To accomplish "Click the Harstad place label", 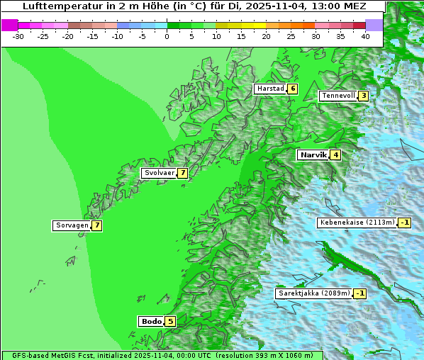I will tap(270, 89).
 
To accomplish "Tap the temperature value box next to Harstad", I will tap(292, 89).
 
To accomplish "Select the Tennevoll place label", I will tap(338, 96).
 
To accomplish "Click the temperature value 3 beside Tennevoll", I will tap(363, 96).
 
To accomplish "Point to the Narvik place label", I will tap(313, 154).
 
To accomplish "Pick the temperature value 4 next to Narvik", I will tap(335, 154).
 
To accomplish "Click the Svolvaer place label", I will tap(159, 173).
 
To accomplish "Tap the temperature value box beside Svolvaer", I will tap(182, 173).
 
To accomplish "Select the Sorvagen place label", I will tap(72, 225).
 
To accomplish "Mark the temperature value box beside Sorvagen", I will tap(96, 225).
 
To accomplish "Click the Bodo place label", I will tap(152, 321).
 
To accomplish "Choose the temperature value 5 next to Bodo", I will tap(170, 321).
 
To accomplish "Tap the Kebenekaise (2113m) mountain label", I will tap(357, 223).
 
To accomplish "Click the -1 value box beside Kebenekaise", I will tap(404, 223).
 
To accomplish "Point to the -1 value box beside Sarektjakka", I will tap(360, 293).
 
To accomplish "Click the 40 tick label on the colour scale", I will tap(365, 35).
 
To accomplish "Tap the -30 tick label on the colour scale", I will tap(18, 35).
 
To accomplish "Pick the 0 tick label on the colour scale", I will tap(167, 35).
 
